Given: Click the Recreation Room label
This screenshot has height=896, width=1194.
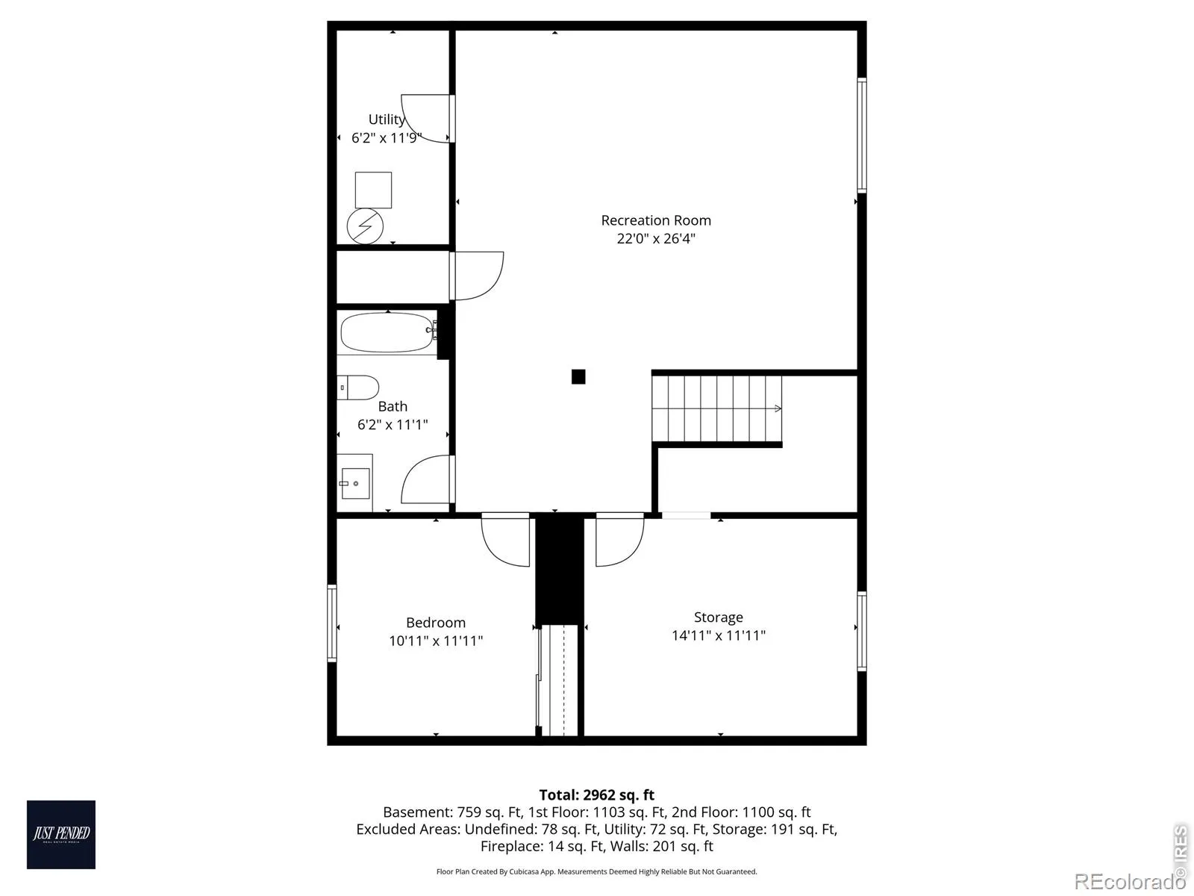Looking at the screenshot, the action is (655, 220).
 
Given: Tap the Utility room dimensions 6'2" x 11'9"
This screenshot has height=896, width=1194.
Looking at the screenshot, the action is (387, 137).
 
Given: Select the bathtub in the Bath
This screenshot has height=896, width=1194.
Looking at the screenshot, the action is (389, 332).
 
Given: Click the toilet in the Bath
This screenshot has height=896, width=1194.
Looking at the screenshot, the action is (357, 388).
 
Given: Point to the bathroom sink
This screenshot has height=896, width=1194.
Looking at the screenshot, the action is (354, 482).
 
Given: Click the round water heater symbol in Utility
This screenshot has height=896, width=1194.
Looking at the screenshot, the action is (365, 225).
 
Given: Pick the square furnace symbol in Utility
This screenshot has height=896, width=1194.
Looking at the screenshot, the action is (373, 190).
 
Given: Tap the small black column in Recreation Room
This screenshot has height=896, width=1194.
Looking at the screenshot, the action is (578, 376).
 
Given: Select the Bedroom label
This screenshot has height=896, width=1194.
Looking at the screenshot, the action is (436, 623).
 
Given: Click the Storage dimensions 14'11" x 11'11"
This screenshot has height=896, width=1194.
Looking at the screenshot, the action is (719, 635).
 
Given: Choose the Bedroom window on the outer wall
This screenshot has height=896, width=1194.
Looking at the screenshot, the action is (332, 623).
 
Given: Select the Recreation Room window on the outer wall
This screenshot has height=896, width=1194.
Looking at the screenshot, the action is (862, 135).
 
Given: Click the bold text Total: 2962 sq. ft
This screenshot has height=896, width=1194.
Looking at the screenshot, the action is (597, 794).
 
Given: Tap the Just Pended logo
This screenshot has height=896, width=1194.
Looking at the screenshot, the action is (61, 835).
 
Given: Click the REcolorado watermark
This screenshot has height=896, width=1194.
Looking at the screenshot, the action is (1129, 881).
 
